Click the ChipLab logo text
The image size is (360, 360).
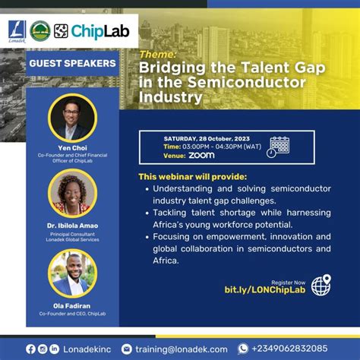[x=93, y=31]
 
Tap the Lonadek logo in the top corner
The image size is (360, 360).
[x=16, y=31]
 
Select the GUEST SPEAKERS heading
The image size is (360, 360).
[x=72, y=64]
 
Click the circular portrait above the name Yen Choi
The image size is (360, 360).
[x=72, y=117]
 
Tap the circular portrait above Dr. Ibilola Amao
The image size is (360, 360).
[x=72, y=194]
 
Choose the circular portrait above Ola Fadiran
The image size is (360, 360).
[x=72, y=273]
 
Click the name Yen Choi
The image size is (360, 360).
[x=72, y=147]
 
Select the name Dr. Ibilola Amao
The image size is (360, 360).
[x=72, y=226]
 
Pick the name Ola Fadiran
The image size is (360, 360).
[x=72, y=305]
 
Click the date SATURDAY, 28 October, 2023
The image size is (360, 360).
[x=207, y=138]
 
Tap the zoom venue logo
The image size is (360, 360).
[x=201, y=155]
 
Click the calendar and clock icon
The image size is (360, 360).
[x=278, y=147]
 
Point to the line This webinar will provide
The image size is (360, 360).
[x=192, y=176]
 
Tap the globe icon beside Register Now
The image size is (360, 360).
[x=321, y=286]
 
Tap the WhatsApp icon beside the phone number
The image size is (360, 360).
[x=243, y=349]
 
